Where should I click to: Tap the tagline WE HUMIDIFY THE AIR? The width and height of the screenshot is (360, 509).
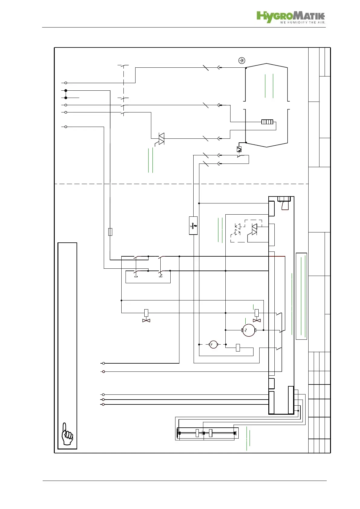[x=302, y=22]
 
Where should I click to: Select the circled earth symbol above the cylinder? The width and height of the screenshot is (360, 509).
[x=242, y=60]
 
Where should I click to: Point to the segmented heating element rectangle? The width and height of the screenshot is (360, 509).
[x=267, y=122]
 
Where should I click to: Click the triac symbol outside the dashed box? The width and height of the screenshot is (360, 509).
[x=161, y=138]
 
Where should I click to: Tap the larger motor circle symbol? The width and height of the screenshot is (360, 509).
[x=249, y=330]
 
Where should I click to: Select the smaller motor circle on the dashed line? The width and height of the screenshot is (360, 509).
[x=213, y=344]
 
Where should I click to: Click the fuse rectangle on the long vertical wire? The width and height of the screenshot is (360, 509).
[x=110, y=232]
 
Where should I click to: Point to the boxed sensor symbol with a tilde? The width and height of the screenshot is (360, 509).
[x=193, y=225]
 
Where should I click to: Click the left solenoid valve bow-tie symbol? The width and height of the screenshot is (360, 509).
[x=146, y=320]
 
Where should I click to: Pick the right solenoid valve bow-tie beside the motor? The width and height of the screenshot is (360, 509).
[x=257, y=320]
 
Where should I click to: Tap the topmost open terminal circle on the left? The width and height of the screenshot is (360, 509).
[x=66, y=83]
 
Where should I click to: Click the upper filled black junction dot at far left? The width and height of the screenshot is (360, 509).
[x=66, y=90]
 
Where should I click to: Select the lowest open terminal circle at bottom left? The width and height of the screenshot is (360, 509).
[x=103, y=404]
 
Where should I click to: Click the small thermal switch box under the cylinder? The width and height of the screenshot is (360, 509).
[x=239, y=149]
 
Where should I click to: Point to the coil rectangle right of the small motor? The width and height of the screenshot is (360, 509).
[x=238, y=348]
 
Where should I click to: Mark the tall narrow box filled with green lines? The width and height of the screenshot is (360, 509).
[x=301, y=296]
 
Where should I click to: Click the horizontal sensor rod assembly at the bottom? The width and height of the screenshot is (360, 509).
[x=207, y=433]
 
